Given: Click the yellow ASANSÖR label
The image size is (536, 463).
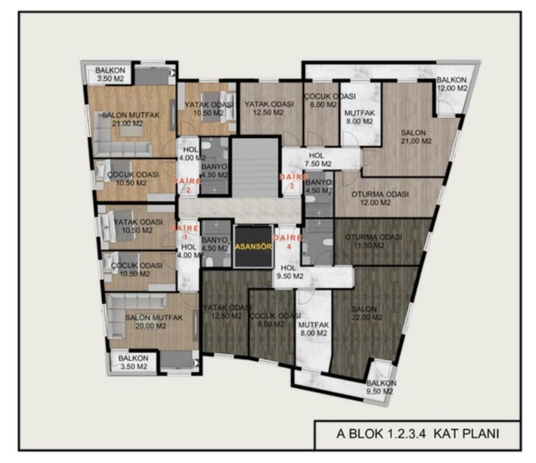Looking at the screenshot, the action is point(254,247).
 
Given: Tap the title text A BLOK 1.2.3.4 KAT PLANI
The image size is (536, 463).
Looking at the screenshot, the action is point(418,434).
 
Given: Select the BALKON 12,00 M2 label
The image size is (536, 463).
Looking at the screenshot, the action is point(452,84).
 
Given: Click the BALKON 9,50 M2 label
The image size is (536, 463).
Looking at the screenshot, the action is point(381,387).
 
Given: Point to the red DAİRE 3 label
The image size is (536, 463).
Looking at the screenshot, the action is point(293,181).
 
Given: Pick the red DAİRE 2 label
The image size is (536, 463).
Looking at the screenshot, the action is point(187,185).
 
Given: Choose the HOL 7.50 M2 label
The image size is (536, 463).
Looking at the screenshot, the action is point(318,160).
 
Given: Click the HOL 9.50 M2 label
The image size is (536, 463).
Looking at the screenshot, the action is point(290,272).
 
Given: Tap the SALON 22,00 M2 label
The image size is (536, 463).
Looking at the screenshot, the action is point(367,313).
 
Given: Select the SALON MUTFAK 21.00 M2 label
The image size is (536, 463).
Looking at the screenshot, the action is point(131,119).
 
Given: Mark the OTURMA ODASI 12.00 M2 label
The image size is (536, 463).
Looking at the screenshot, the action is point(380,198).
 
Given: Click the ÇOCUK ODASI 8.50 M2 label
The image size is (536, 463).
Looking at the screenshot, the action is point(275,319).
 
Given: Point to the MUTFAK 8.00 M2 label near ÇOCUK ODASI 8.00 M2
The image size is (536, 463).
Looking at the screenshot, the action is point(359,117).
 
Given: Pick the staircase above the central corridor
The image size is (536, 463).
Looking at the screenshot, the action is point(255,167).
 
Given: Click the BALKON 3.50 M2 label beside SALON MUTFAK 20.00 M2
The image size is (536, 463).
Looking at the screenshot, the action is point(133,362).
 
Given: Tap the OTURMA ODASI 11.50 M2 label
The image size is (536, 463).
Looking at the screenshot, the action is point(373,241).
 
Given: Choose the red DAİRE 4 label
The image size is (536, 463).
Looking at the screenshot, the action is point(288,242).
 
